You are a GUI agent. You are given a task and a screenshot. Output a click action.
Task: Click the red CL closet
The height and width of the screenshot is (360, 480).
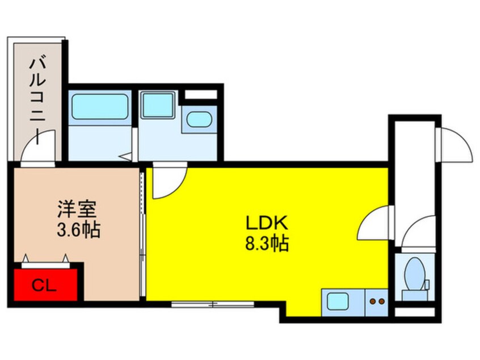45,285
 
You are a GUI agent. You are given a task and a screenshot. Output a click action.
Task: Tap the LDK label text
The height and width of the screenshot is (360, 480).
267,223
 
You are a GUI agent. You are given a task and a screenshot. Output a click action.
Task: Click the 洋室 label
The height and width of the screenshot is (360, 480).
77,209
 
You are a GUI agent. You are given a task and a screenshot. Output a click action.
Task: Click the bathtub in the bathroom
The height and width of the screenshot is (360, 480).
100,107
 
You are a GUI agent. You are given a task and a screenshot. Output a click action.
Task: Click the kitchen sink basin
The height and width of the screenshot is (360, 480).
338,301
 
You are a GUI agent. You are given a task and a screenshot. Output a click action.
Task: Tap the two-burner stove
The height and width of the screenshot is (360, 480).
377,302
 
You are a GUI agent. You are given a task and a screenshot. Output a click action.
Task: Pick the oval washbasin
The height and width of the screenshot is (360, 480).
199,119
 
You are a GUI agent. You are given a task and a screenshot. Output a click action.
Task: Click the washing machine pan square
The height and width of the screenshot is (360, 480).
158,104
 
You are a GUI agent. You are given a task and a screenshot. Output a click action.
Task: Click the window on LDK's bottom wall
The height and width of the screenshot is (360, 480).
212,304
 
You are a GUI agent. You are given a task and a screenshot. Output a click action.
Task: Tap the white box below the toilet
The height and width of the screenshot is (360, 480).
415,312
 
